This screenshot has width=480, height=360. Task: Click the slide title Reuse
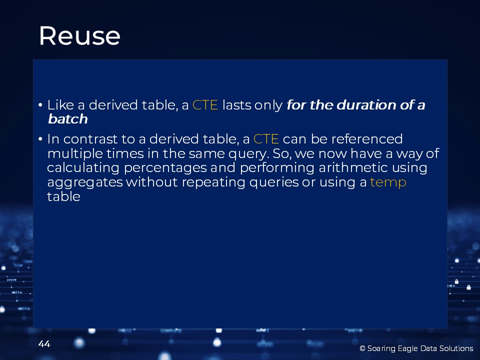(79, 36)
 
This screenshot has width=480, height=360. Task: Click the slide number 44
(44, 344)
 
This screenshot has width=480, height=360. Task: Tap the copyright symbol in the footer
(362, 348)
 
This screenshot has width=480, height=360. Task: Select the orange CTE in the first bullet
(205, 105)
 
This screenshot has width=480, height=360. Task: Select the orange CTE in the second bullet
(266, 139)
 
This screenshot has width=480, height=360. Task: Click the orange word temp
(388, 182)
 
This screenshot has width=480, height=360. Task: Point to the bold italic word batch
(67, 119)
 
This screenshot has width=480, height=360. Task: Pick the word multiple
(75, 153)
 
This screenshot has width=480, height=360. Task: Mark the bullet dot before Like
(40, 105)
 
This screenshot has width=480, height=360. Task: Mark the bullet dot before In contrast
(40, 139)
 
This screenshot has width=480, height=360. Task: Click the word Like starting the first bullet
(60, 105)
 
